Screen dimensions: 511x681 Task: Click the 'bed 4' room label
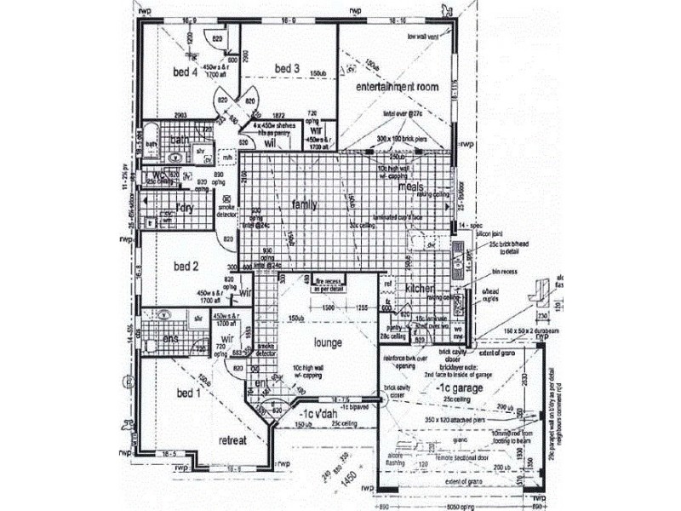tap(184, 72)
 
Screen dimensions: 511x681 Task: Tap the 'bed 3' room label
tap(287, 68)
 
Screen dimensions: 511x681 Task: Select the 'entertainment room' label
tap(397, 88)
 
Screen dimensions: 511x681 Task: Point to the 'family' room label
tap(305, 205)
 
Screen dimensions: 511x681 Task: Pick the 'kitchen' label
tap(420, 290)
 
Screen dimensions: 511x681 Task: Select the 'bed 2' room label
tap(186, 267)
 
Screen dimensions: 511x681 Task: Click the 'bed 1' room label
tap(188, 393)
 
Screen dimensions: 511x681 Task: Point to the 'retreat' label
tap(232, 440)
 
